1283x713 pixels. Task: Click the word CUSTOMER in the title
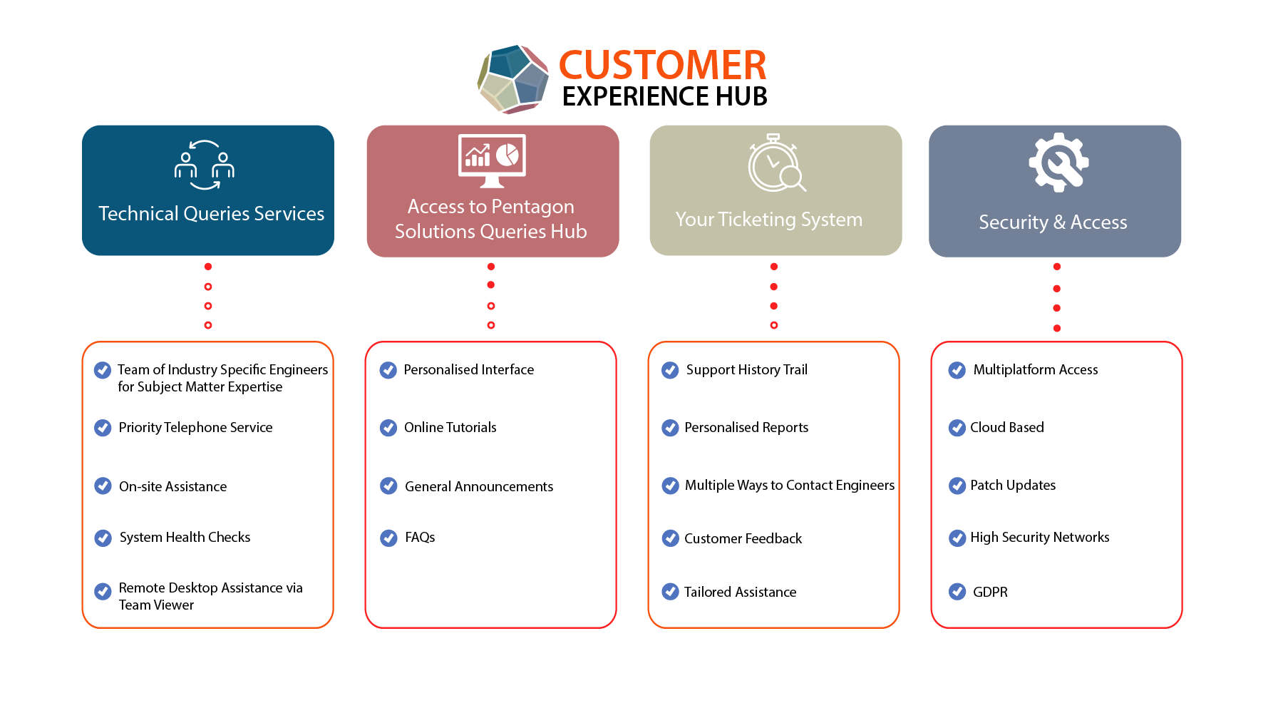pos(662,66)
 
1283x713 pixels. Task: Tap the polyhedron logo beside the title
pos(512,79)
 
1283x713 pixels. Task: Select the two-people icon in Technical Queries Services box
pos(205,165)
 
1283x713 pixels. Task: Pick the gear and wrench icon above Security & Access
pos(1058,163)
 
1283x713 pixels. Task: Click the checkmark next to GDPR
pos(957,592)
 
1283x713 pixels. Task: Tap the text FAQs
pos(420,538)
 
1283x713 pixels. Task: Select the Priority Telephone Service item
pos(195,428)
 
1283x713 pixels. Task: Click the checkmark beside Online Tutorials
pos(388,428)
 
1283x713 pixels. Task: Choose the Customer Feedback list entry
pos(743,539)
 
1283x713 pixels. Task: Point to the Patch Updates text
pos(1012,486)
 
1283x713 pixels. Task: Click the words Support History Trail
pos(746,370)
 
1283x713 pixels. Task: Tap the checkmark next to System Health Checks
pos(103,538)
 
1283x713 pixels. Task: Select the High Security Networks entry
pos(1039,538)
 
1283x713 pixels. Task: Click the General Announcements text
pos(478,487)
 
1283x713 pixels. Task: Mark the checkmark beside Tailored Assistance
pos(670,592)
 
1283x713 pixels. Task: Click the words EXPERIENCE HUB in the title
pos(664,97)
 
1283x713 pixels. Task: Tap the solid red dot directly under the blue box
pos(208,267)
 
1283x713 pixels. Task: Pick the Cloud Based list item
pos(1006,428)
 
